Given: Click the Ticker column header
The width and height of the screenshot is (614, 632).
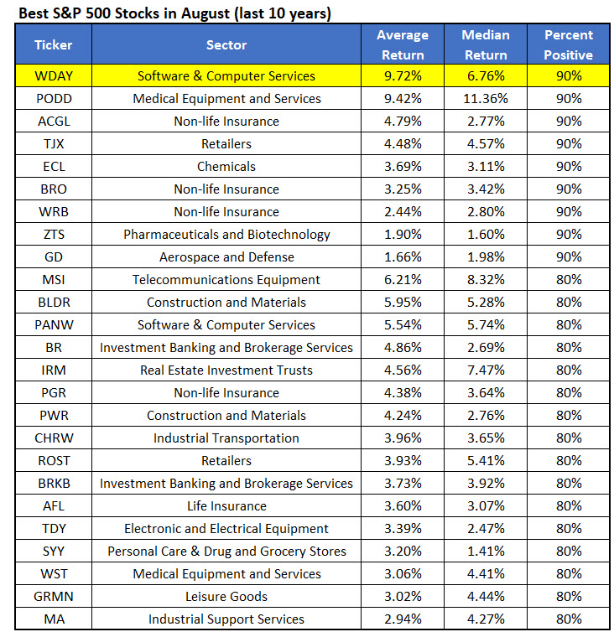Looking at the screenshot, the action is (x=53, y=44).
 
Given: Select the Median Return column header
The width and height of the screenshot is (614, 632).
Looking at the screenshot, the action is (x=486, y=44).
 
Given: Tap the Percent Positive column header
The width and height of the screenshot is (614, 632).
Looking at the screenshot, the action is (x=569, y=44).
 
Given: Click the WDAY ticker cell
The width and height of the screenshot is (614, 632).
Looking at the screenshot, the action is (x=54, y=75).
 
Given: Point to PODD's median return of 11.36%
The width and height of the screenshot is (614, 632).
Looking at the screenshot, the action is (x=486, y=98).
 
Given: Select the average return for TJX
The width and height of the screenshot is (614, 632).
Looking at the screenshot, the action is (x=403, y=143).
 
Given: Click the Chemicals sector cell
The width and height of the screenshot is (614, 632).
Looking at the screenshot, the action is (x=226, y=166).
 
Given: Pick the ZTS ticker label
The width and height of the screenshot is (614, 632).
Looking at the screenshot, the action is (x=54, y=234).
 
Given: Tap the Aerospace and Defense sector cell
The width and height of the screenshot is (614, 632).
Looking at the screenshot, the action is (x=226, y=256).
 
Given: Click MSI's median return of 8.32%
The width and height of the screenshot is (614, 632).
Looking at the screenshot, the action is (x=486, y=279).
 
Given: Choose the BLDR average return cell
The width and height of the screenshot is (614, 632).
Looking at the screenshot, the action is (x=403, y=302).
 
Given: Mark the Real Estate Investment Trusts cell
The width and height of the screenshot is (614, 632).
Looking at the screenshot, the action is (x=226, y=370).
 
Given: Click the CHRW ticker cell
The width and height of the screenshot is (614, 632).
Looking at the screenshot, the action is (x=54, y=438).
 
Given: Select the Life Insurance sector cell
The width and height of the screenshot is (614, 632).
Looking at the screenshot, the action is (x=226, y=505).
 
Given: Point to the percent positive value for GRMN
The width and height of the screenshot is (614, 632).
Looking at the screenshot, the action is (x=569, y=596).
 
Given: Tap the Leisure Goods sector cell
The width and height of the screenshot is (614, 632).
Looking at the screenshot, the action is (x=226, y=596).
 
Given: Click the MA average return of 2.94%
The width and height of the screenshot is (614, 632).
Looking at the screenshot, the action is (x=403, y=619).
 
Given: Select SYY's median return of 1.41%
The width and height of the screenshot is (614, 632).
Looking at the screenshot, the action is (x=486, y=551).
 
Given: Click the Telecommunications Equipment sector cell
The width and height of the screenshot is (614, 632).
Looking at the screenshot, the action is (x=226, y=279).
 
